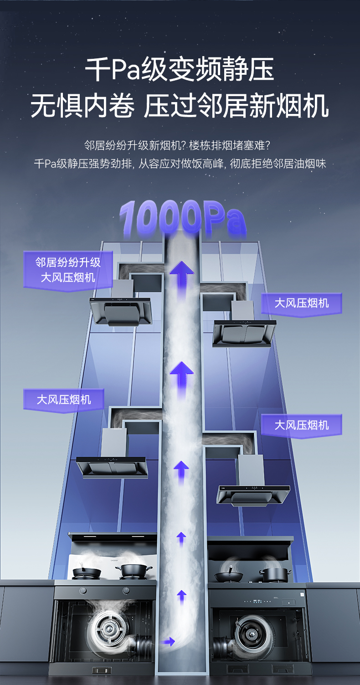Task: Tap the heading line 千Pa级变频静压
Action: click(x=180, y=70)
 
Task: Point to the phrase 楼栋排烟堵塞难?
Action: click(x=230, y=146)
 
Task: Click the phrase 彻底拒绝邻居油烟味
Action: click(x=278, y=164)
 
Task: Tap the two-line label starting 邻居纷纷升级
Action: click(x=68, y=269)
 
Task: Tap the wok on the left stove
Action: click(x=83, y=571)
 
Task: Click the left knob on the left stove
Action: click(x=83, y=591)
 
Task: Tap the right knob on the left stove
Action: click(x=126, y=591)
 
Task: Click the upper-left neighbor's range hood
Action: click(x=120, y=310)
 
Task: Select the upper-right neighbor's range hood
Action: click(x=244, y=331)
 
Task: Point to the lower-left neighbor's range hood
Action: click(x=112, y=466)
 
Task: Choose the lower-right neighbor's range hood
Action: click(x=253, y=494)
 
